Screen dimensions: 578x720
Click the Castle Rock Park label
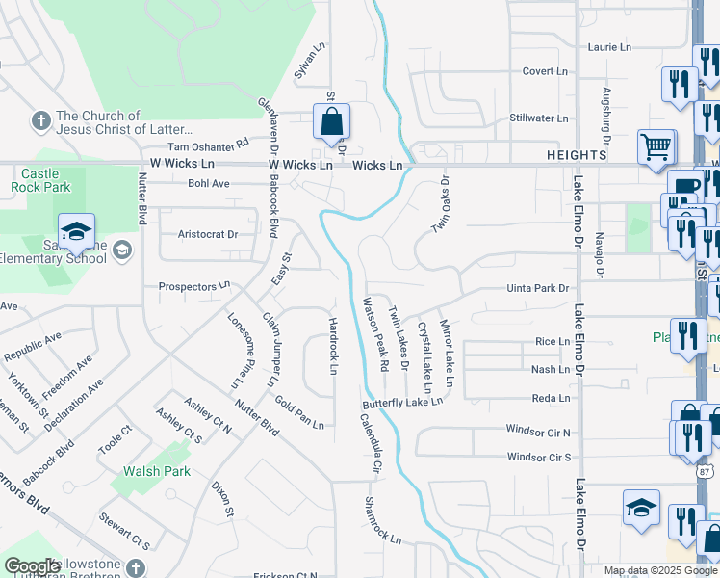click(x=40, y=179)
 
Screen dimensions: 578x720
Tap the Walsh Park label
click(x=156, y=471)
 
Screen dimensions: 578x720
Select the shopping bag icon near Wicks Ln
click(x=330, y=123)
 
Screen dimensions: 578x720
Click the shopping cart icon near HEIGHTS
click(x=656, y=147)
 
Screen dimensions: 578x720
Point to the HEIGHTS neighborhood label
click(x=578, y=154)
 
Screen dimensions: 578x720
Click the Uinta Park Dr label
click(x=538, y=288)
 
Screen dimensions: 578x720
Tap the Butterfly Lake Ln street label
click(x=402, y=402)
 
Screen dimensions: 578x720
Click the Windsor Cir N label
click(x=538, y=433)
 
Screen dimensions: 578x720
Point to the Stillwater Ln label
click(x=538, y=118)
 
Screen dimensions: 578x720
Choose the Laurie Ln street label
click(x=609, y=46)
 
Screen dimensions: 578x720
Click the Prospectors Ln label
click(x=195, y=286)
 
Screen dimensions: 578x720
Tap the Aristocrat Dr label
click(x=208, y=234)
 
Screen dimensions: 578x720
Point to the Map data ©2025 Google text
click(x=659, y=570)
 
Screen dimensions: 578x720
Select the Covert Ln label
click(x=545, y=71)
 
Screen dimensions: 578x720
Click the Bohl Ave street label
click(x=209, y=182)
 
